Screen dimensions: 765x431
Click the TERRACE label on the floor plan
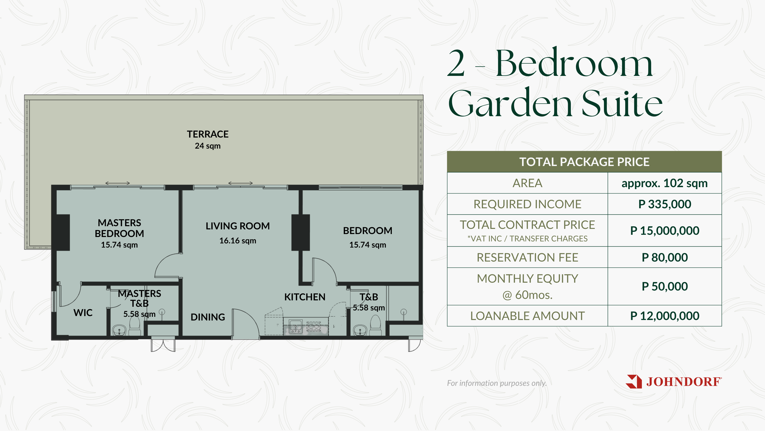tap(208, 134)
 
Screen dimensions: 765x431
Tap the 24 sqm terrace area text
tap(208, 146)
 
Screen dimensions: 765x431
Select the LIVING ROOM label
tap(238, 226)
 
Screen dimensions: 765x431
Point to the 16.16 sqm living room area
tap(238, 241)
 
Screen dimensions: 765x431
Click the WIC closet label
tap(83, 313)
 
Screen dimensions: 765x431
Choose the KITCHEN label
tap(305, 297)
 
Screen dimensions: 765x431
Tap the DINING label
tap(208, 317)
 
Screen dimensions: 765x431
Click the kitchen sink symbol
tap(295, 326)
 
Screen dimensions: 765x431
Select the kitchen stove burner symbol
tap(314, 326)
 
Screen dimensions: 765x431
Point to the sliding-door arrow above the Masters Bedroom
tap(118, 183)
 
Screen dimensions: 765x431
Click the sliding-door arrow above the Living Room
tap(241, 183)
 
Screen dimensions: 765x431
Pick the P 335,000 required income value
tap(665, 204)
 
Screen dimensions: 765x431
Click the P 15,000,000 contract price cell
tap(665, 231)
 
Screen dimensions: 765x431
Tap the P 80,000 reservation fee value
tap(665, 258)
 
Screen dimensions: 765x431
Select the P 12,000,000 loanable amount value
tap(665, 316)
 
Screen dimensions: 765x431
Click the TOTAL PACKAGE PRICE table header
tap(584, 162)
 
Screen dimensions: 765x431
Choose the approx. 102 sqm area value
tap(665, 183)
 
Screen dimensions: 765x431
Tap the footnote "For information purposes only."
tap(497, 383)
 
